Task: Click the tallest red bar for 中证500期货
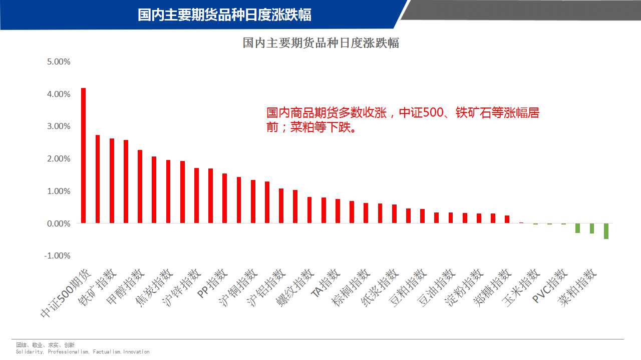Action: [84, 155]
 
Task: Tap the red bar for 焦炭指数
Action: [154, 190]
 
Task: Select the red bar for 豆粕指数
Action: [408, 216]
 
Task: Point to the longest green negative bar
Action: [606, 231]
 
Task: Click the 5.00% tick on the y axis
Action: [59, 62]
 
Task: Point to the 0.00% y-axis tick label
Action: [59, 223]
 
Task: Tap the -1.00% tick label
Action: [58, 256]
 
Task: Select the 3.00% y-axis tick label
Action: [59, 126]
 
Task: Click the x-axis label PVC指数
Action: [551, 286]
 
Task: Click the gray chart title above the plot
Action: [320, 43]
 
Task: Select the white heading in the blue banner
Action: [224, 15]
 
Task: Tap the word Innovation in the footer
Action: [136, 352]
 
